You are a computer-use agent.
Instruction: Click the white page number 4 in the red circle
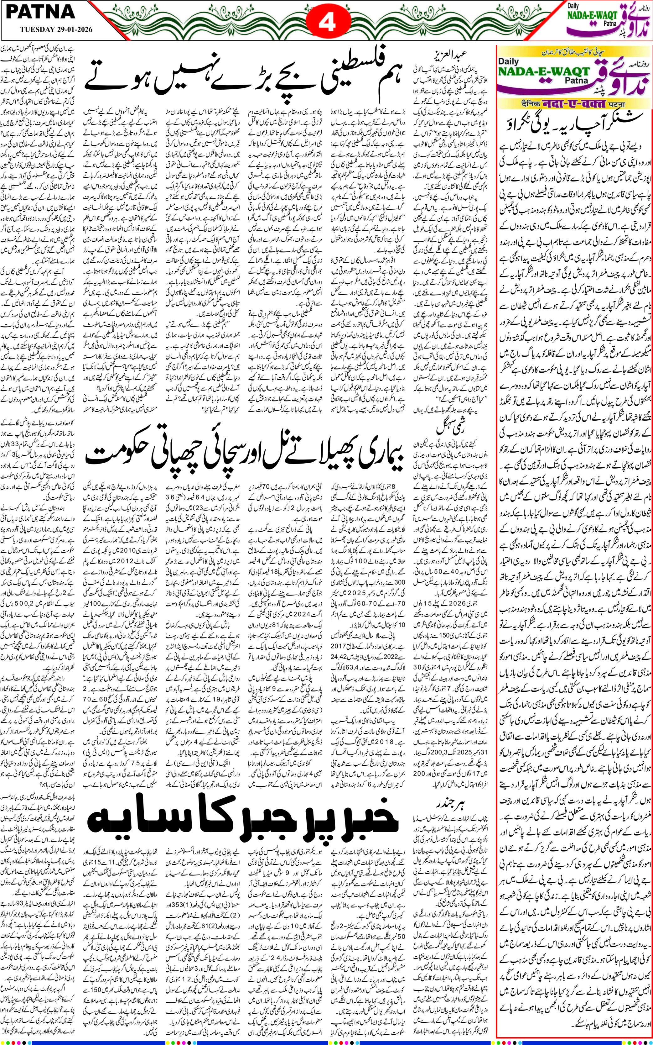pyautogui.click(x=327, y=23)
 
